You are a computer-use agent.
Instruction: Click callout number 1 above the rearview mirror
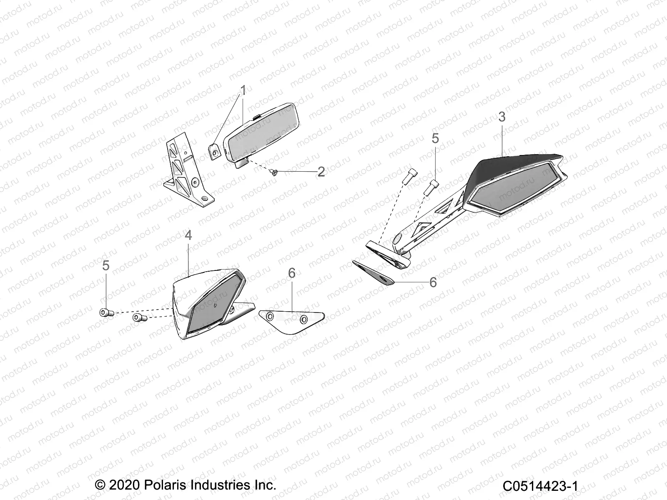[243, 90]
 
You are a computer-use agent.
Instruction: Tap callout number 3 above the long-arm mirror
[502, 117]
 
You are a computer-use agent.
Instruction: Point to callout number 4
[188, 235]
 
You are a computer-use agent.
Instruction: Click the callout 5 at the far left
[106, 265]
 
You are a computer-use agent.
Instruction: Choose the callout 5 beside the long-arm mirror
[435, 138]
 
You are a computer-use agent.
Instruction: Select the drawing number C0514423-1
[540, 486]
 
